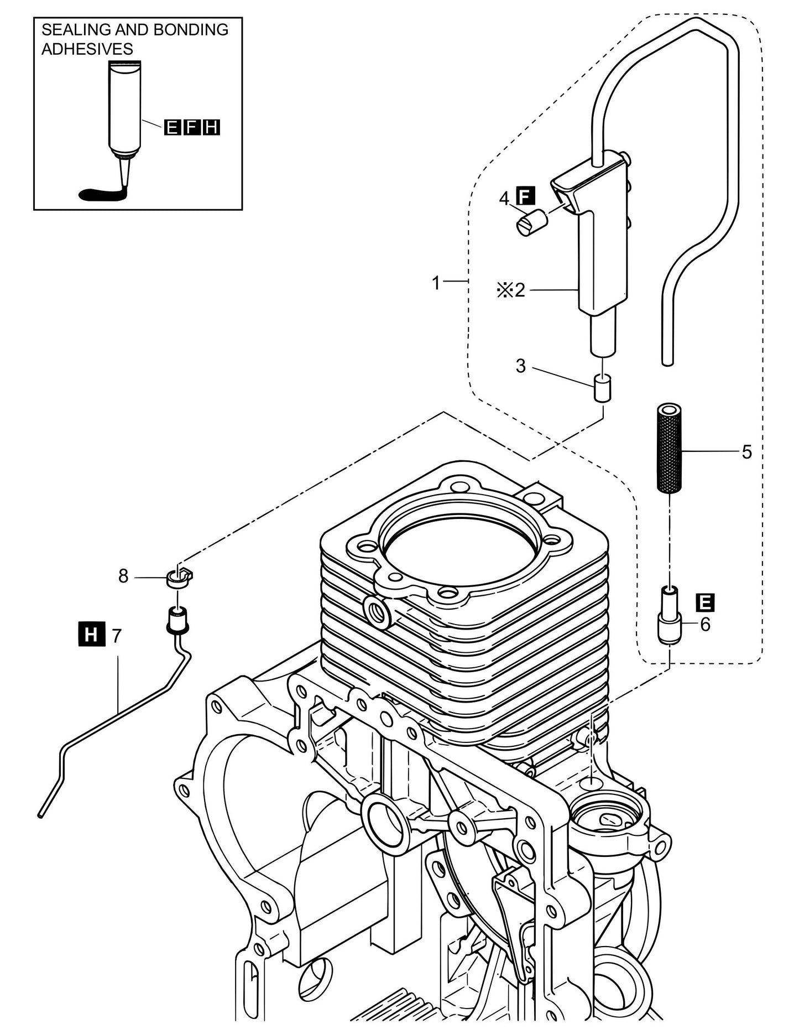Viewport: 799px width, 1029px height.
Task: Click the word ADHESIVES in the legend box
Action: (x=87, y=49)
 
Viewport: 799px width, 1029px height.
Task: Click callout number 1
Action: (x=436, y=283)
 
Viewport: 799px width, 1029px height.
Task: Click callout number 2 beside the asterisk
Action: (x=519, y=290)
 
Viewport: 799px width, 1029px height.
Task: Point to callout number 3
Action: (x=520, y=366)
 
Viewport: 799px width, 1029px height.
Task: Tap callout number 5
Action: (x=746, y=453)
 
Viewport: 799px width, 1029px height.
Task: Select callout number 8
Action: (x=123, y=576)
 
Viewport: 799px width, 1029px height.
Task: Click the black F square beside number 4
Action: (x=523, y=195)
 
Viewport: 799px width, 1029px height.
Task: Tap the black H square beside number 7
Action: (x=91, y=633)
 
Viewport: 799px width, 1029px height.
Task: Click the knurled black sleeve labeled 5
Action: (x=670, y=449)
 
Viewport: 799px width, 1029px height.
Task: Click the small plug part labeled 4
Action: (x=532, y=224)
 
